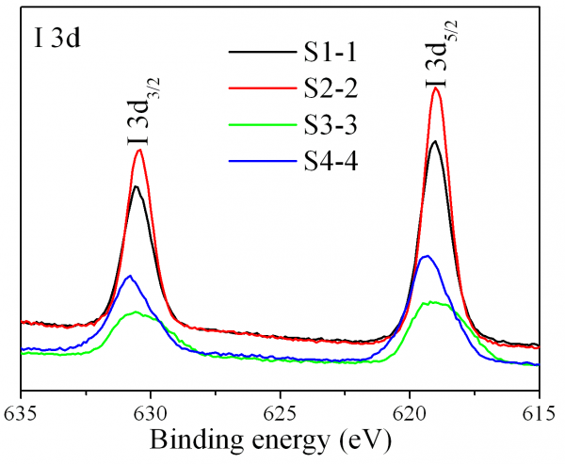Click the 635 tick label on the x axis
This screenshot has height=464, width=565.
tap(21, 411)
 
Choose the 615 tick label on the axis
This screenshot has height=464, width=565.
tap(538, 411)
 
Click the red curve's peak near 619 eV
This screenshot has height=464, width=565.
tap(436, 89)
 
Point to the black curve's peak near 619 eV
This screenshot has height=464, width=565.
tap(434, 142)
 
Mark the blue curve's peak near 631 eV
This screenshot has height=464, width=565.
tap(130, 276)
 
